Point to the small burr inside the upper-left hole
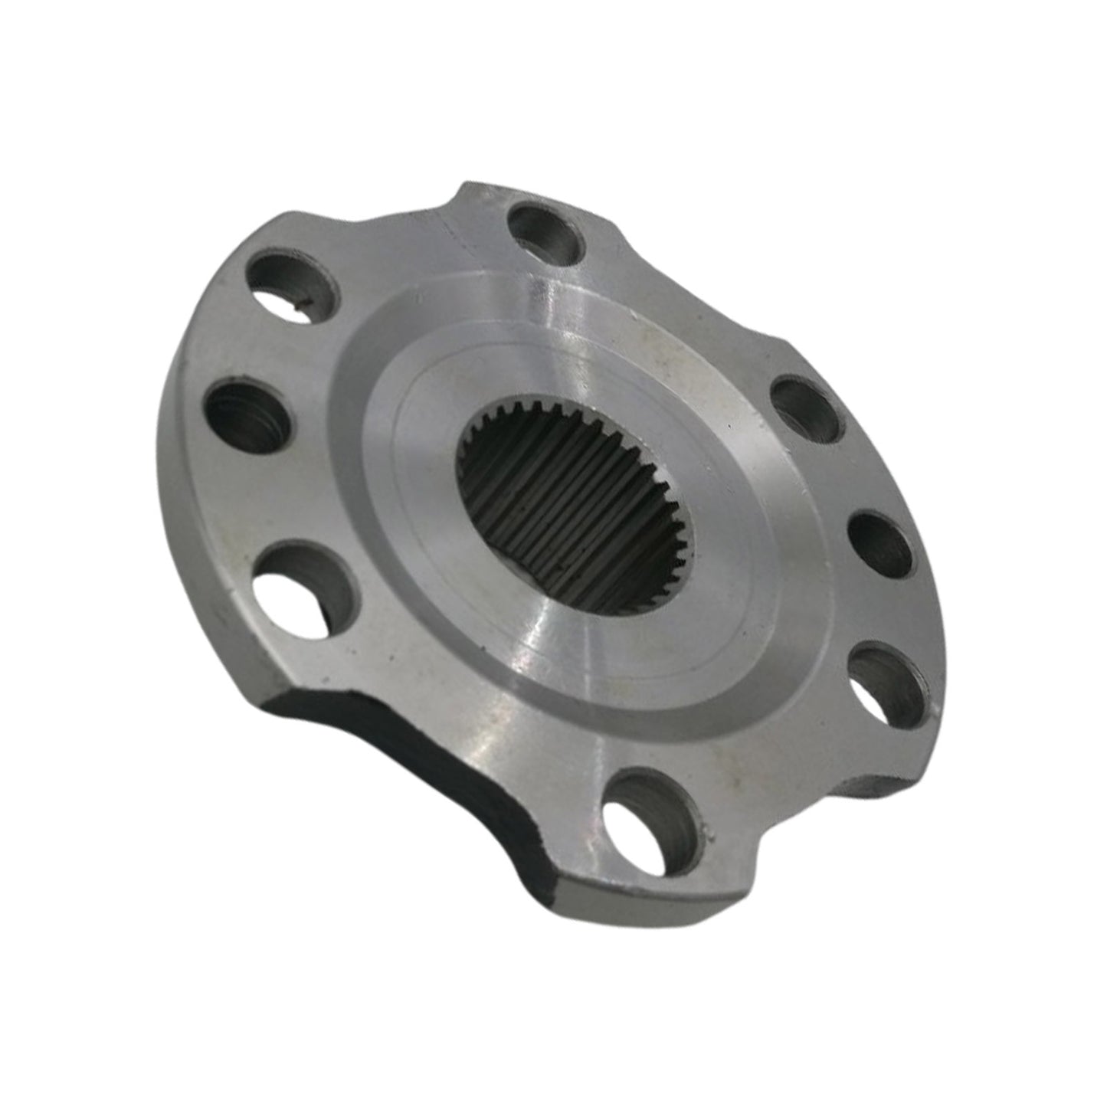pos(300,306)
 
